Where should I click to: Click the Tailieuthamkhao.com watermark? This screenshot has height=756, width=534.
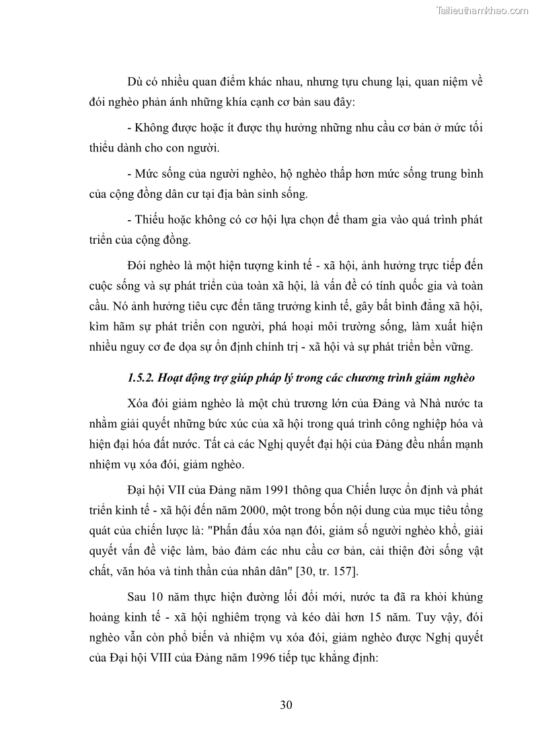click(x=483, y=10)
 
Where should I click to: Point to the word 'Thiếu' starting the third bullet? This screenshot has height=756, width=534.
click(x=149, y=219)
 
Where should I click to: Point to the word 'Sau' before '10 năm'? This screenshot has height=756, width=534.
click(x=137, y=596)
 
